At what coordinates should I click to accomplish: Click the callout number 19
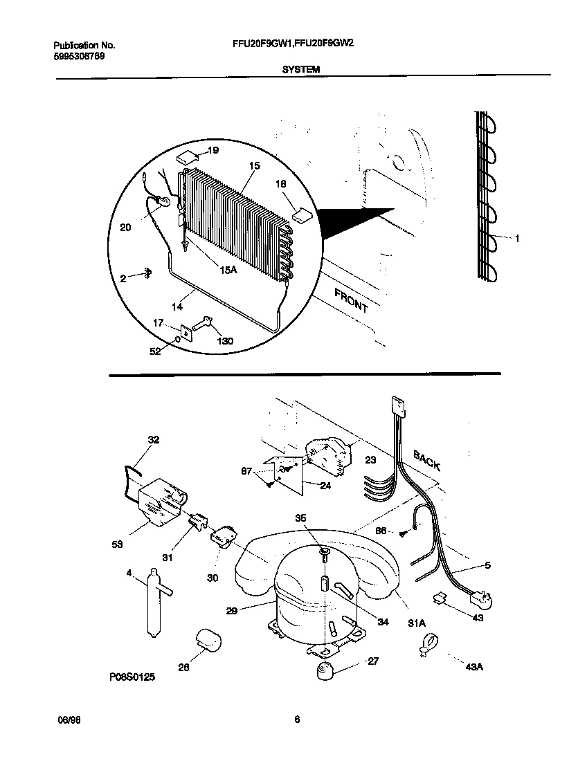[x=213, y=150]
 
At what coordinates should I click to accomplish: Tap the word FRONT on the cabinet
[x=351, y=300]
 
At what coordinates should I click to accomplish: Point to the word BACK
[x=426, y=460]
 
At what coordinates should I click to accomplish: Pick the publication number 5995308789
[x=80, y=56]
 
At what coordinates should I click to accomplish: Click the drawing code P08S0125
[x=132, y=678]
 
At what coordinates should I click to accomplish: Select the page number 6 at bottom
[x=296, y=719]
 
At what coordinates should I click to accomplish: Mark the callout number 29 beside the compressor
[x=233, y=611]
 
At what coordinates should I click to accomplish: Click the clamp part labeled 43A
[x=426, y=647]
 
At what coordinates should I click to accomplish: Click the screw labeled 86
[x=402, y=531]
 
